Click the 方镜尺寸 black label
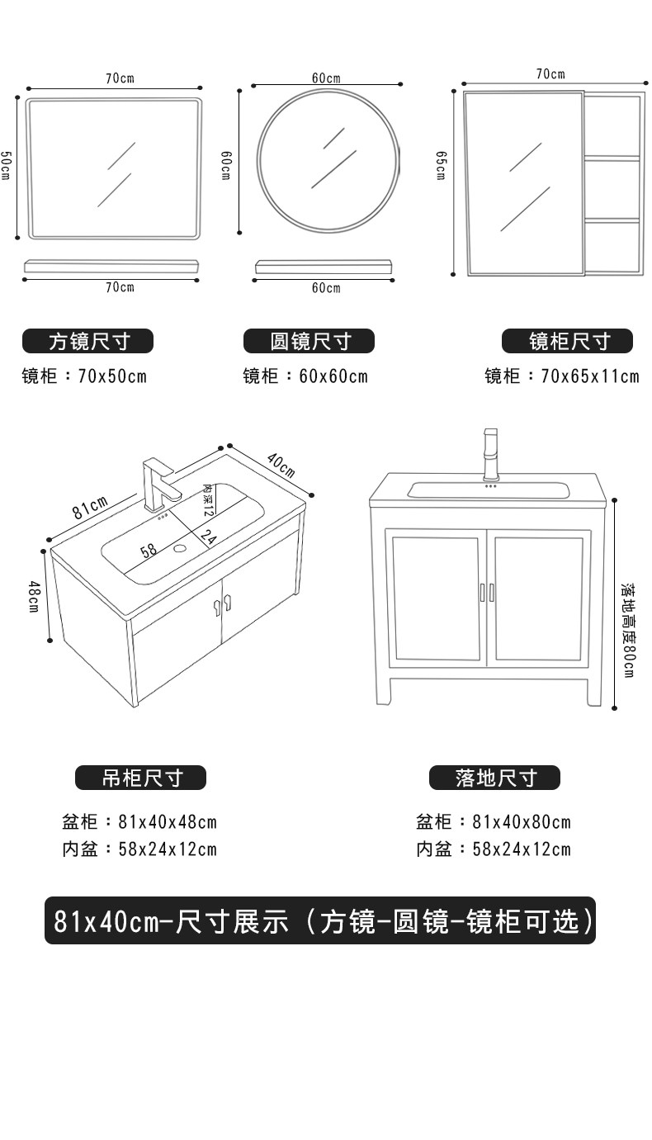pos(88,341)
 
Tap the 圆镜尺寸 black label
pos(309,341)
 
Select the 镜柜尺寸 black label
pos(568,341)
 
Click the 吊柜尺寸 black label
pos(141,778)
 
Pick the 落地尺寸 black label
pos(494,778)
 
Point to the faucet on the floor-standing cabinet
pos(491,453)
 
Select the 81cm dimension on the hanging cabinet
pos(89,506)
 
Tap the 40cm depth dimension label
pos(281,466)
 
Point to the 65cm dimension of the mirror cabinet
pos(442,165)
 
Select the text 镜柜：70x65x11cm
pos(561,376)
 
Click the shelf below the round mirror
pos(322,267)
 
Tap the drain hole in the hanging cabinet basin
pos(181,546)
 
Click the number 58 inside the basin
pos(149,551)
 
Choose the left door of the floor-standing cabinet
pos(435,598)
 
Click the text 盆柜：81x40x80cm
pos(493,821)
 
